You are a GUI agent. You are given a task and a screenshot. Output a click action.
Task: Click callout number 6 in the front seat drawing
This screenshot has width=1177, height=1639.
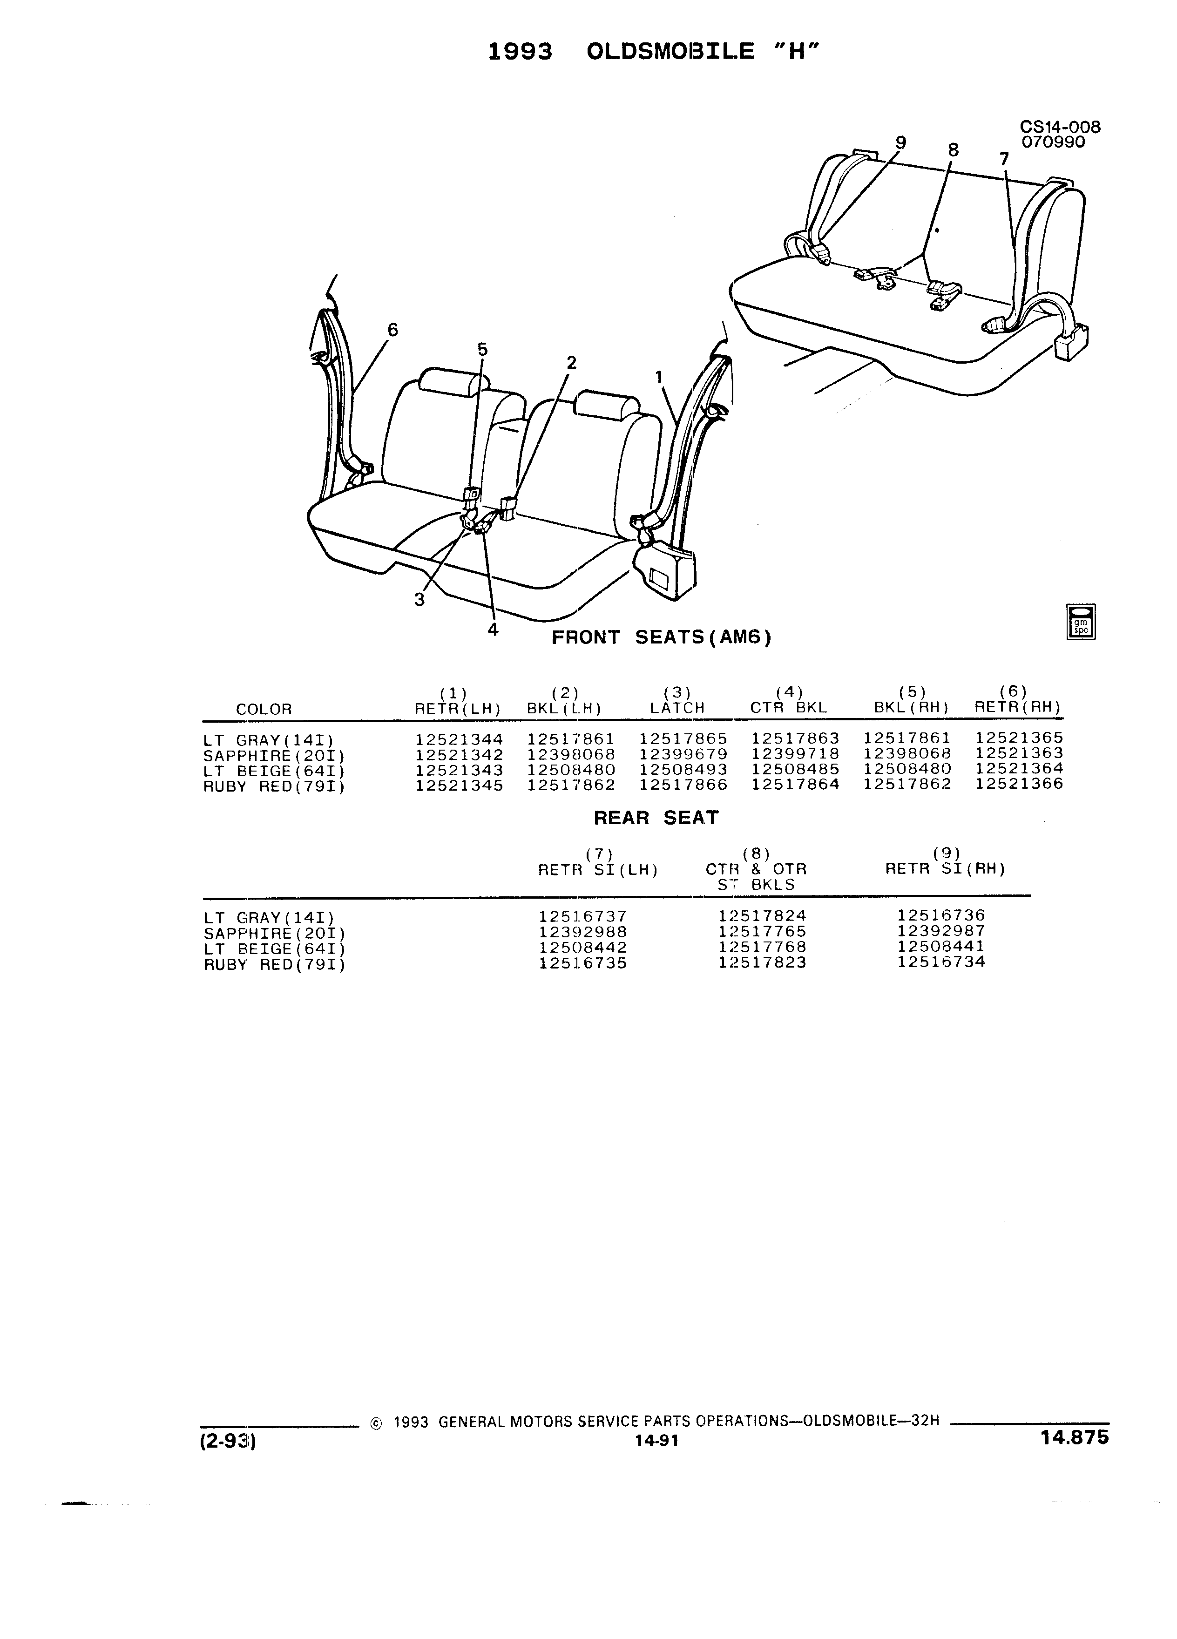(392, 330)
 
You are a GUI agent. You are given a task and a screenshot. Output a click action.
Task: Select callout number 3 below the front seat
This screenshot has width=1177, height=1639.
(419, 599)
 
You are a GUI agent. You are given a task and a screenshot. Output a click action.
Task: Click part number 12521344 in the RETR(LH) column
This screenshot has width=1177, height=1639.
(459, 738)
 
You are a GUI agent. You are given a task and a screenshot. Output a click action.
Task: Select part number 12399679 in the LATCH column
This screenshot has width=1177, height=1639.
(683, 754)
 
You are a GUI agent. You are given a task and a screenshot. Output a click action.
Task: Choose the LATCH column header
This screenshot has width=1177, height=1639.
(677, 708)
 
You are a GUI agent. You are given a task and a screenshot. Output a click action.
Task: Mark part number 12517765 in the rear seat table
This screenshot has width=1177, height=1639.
(762, 932)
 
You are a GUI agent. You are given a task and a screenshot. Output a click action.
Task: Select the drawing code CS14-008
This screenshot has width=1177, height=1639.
(1060, 127)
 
